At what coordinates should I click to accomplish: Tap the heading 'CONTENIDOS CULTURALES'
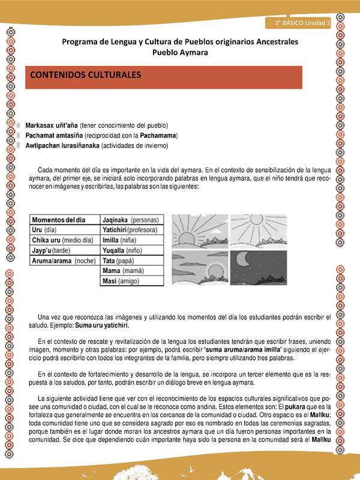pos(85,76)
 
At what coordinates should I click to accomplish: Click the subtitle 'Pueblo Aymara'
pos(180,52)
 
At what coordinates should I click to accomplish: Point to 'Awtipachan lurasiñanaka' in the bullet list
pos(62,145)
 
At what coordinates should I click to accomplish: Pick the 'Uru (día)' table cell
pos(47,230)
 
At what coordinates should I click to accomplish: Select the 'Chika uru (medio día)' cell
pos(62,240)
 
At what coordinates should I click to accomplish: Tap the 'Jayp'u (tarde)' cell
pos(51,251)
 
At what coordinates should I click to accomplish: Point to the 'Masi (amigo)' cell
pos(121,281)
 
